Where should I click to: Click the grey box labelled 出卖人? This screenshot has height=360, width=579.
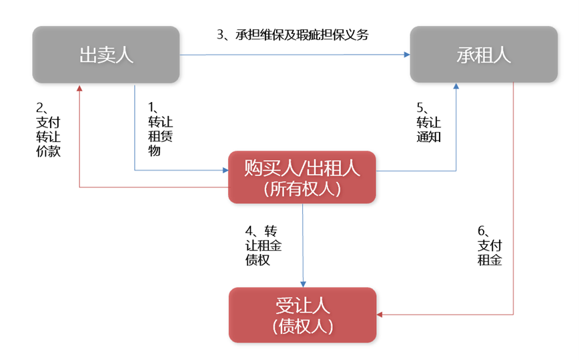pyautogui.click(x=105, y=55)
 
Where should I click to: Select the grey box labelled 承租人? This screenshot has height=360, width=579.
pyautogui.click(x=484, y=55)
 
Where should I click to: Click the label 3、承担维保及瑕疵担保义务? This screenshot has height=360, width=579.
pyautogui.click(x=293, y=35)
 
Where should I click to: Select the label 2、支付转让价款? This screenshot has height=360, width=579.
pyautogui.click(x=49, y=129)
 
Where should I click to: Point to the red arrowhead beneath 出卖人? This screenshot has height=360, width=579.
pyautogui.click(x=79, y=88)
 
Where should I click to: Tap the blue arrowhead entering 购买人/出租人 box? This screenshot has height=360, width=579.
pyautogui.click(x=225, y=170)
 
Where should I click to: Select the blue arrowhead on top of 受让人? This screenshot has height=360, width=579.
pyautogui.click(x=304, y=284)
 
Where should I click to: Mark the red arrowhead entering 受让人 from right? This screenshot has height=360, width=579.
pyautogui.click(x=380, y=314)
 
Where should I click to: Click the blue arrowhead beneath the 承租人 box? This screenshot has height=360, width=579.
pyautogui.click(x=457, y=87)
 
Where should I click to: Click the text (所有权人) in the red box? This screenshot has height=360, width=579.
pyautogui.click(x=302, y=189)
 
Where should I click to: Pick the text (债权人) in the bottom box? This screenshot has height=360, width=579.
pyautogui.click(x=302, y=326)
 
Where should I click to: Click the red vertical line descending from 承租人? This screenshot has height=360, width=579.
pyautogui.click(x=513, y=200)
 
